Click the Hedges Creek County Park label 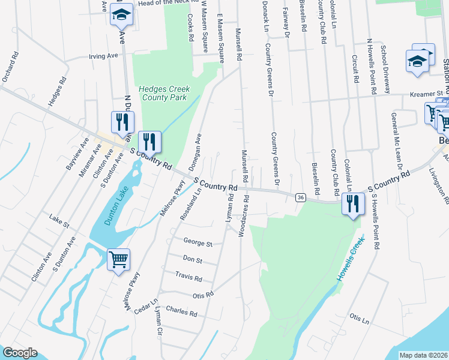point(164,93)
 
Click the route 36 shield point(301,197)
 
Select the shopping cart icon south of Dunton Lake point(118,260)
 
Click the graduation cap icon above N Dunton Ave point(122,16)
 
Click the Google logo point(20,353)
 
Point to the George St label point(198,244)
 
